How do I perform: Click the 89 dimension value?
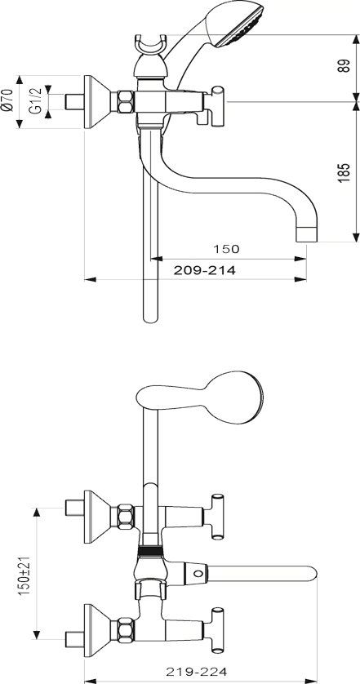pyautogui.click(x=344, y=66)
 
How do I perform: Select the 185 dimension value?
pyautogui.click(x=344, y=172)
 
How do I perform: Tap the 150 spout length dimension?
pyautogui.click(x=226, y=249)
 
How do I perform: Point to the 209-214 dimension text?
pyautogui.click(x=204, y=270)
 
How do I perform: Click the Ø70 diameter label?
pyautogui.click(x=7, y=100)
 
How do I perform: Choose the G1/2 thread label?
pyautogui.click(x=36, y=100)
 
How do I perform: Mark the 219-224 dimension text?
pyautogui.click(x=197, y=672)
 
